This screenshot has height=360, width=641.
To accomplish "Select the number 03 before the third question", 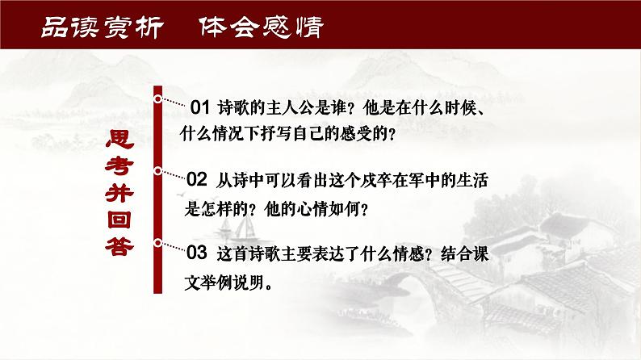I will point(198,253).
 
